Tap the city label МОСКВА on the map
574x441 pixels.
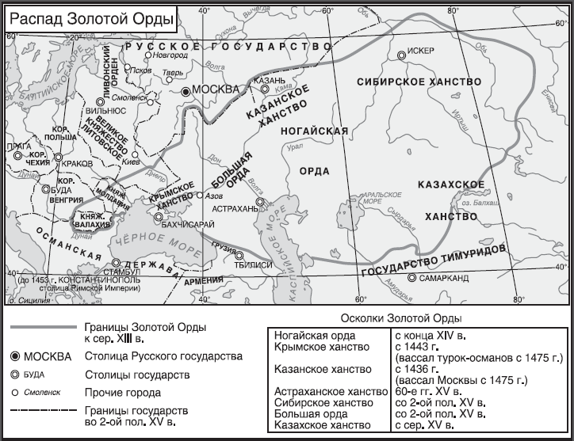216,90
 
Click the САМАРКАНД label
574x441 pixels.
444,279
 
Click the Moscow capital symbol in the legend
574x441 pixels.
17,356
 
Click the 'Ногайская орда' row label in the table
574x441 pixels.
311,336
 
